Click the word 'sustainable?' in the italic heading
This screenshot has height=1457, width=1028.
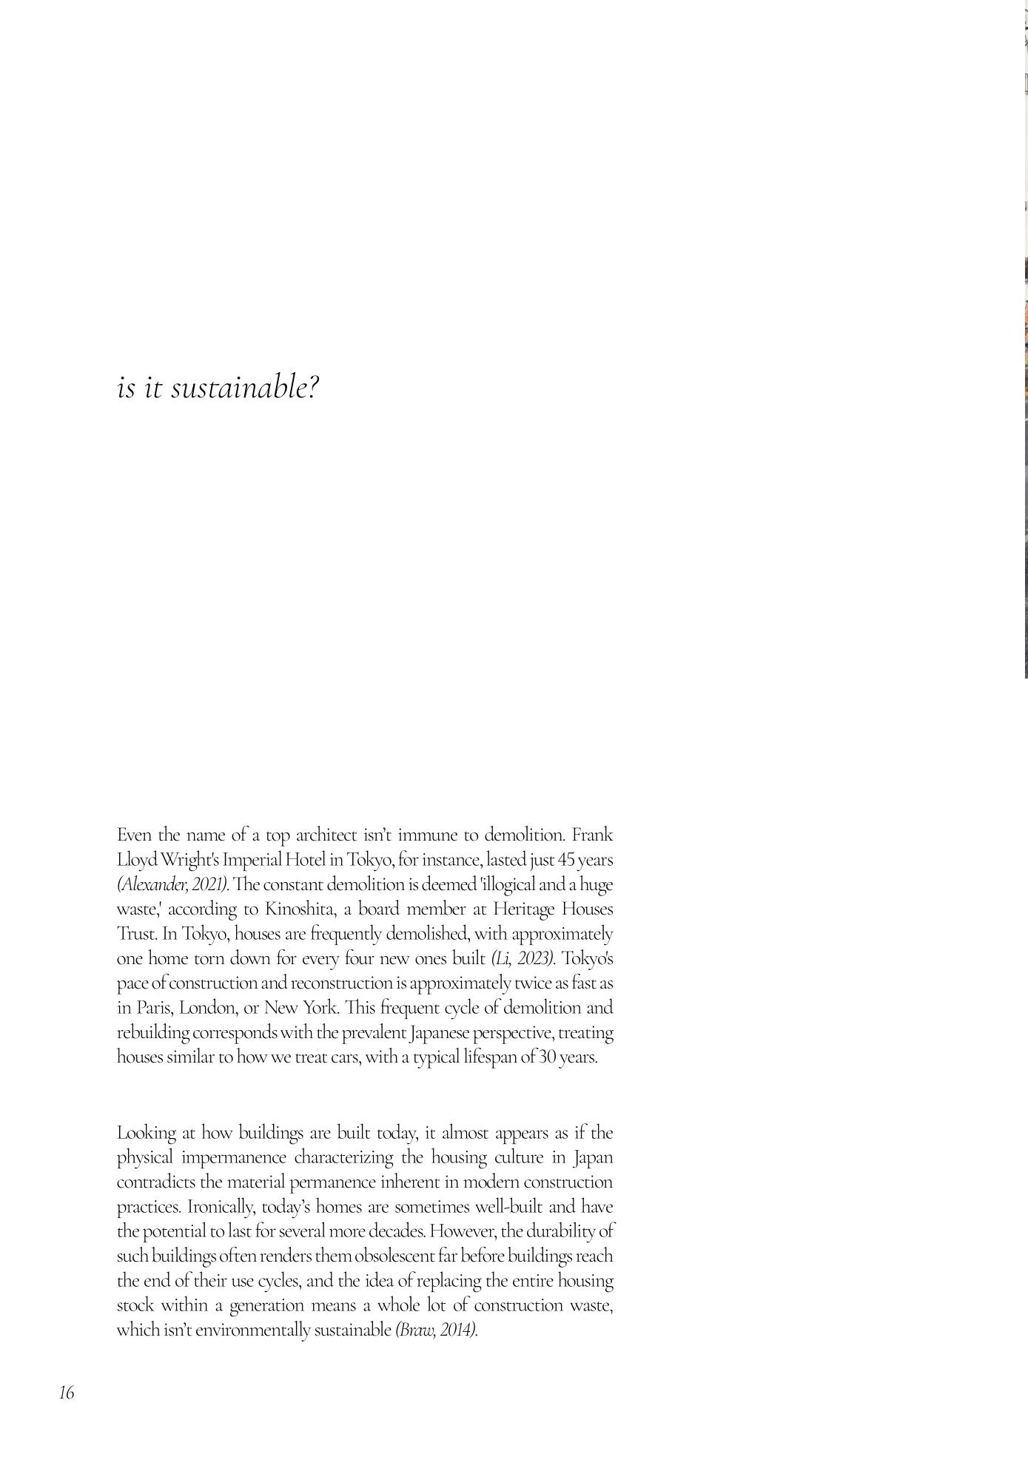pos(245,387)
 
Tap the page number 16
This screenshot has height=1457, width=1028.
pos(67,1393)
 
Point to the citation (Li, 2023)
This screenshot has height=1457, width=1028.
pos(523,958)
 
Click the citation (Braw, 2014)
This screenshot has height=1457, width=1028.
pos(436,1330)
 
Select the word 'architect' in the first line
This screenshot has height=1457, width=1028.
pos(326,835)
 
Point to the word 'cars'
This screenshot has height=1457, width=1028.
pos(345,1057)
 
